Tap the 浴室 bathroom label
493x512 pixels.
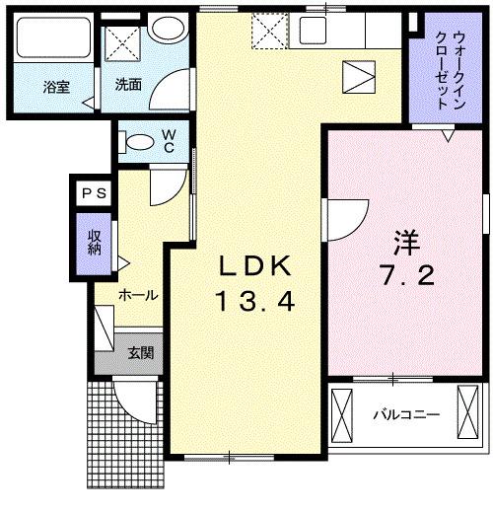pos(55,87)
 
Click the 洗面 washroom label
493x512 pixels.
pos(128,84)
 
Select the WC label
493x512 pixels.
pos(168,139)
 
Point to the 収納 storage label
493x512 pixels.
pos(95,243)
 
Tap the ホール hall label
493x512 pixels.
pos(138,295)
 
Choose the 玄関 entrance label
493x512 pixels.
pos(138,352)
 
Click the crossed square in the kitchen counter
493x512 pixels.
pos(266,31)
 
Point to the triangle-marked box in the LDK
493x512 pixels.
pos(360,75)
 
